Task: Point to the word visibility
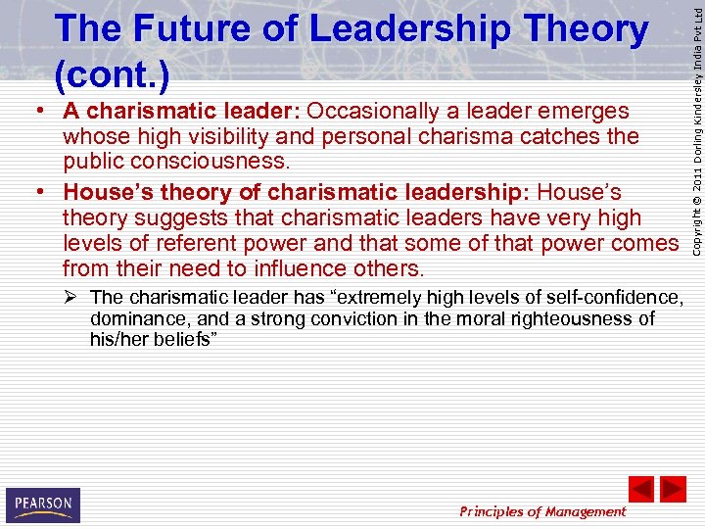246,137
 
